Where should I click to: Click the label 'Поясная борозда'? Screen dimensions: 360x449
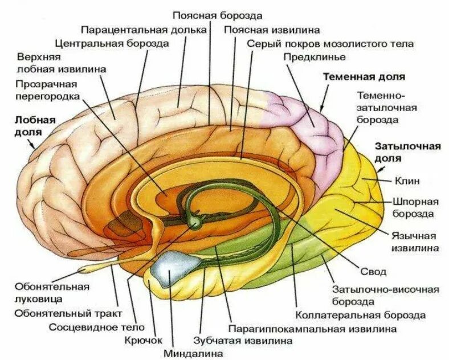[210, 15]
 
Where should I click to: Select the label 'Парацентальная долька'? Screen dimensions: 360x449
[143, 29]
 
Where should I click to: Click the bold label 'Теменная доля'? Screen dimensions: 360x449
[364, 76]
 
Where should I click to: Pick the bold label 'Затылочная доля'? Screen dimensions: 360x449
[407, 152]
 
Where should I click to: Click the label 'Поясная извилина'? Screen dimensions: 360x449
[272, 29]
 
